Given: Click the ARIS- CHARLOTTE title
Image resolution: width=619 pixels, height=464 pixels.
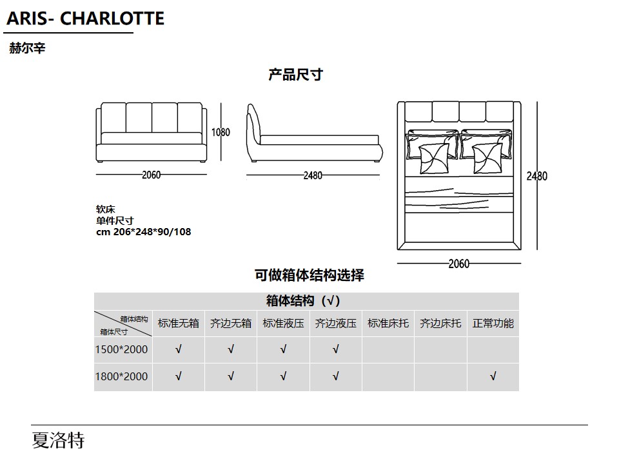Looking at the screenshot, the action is pos(85,19).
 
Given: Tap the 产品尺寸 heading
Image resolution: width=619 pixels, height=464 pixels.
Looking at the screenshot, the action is pos(296,75).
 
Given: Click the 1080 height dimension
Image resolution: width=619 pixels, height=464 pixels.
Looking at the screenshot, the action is pos(221,132).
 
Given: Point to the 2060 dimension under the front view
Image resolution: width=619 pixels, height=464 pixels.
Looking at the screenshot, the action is pos(151,175).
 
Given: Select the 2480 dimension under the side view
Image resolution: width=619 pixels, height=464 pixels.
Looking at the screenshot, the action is pos(313,175).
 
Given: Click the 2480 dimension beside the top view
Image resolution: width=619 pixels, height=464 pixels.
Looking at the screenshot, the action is pos(537,176).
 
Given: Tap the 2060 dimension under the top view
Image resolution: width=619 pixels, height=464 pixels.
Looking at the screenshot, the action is pos(458,264).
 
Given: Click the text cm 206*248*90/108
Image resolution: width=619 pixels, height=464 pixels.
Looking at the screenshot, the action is pos(144,231).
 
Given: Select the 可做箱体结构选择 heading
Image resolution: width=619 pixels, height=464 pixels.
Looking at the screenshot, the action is pos(309,275).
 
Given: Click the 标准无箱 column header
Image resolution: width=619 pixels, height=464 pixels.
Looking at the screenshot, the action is pos(179,324).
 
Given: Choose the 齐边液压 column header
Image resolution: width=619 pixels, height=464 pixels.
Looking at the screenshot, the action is pos(336,324).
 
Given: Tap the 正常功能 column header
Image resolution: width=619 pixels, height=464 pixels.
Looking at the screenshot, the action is pos(493,324).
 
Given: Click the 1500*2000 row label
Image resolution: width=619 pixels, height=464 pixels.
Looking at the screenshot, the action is pos(122,349).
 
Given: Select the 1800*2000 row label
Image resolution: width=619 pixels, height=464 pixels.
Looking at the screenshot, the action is pos(122,376).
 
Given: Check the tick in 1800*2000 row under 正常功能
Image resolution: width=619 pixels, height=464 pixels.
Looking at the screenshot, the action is pos(493,376).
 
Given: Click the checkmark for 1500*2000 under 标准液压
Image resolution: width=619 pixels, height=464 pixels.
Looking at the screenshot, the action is pos(284,349).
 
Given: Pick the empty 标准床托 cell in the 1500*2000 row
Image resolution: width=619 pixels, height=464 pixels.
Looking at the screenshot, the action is pos(388,350).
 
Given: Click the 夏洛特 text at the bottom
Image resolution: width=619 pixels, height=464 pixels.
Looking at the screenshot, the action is pos(59,440).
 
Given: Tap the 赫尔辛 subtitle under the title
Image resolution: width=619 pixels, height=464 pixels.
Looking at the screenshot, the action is pos(27,48).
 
